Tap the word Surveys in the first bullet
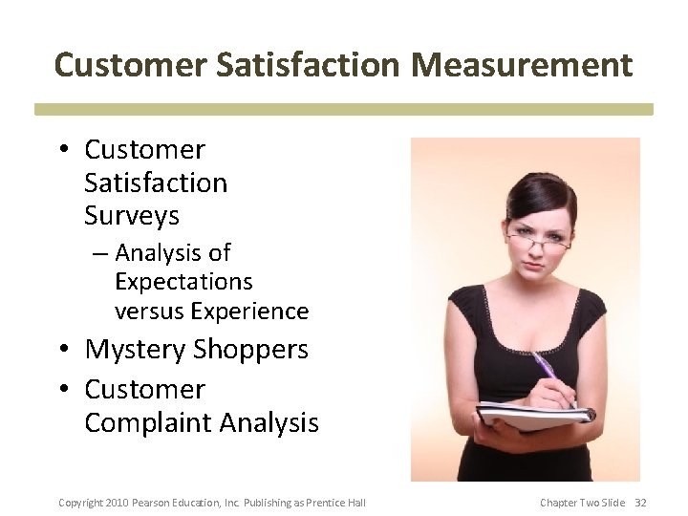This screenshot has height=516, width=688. [x=132, y=216]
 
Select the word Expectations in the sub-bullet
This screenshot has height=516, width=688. [x=183, y=282]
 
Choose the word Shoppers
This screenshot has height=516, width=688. [x=252, y=350]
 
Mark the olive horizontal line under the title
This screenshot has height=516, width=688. [x=344, y=110]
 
